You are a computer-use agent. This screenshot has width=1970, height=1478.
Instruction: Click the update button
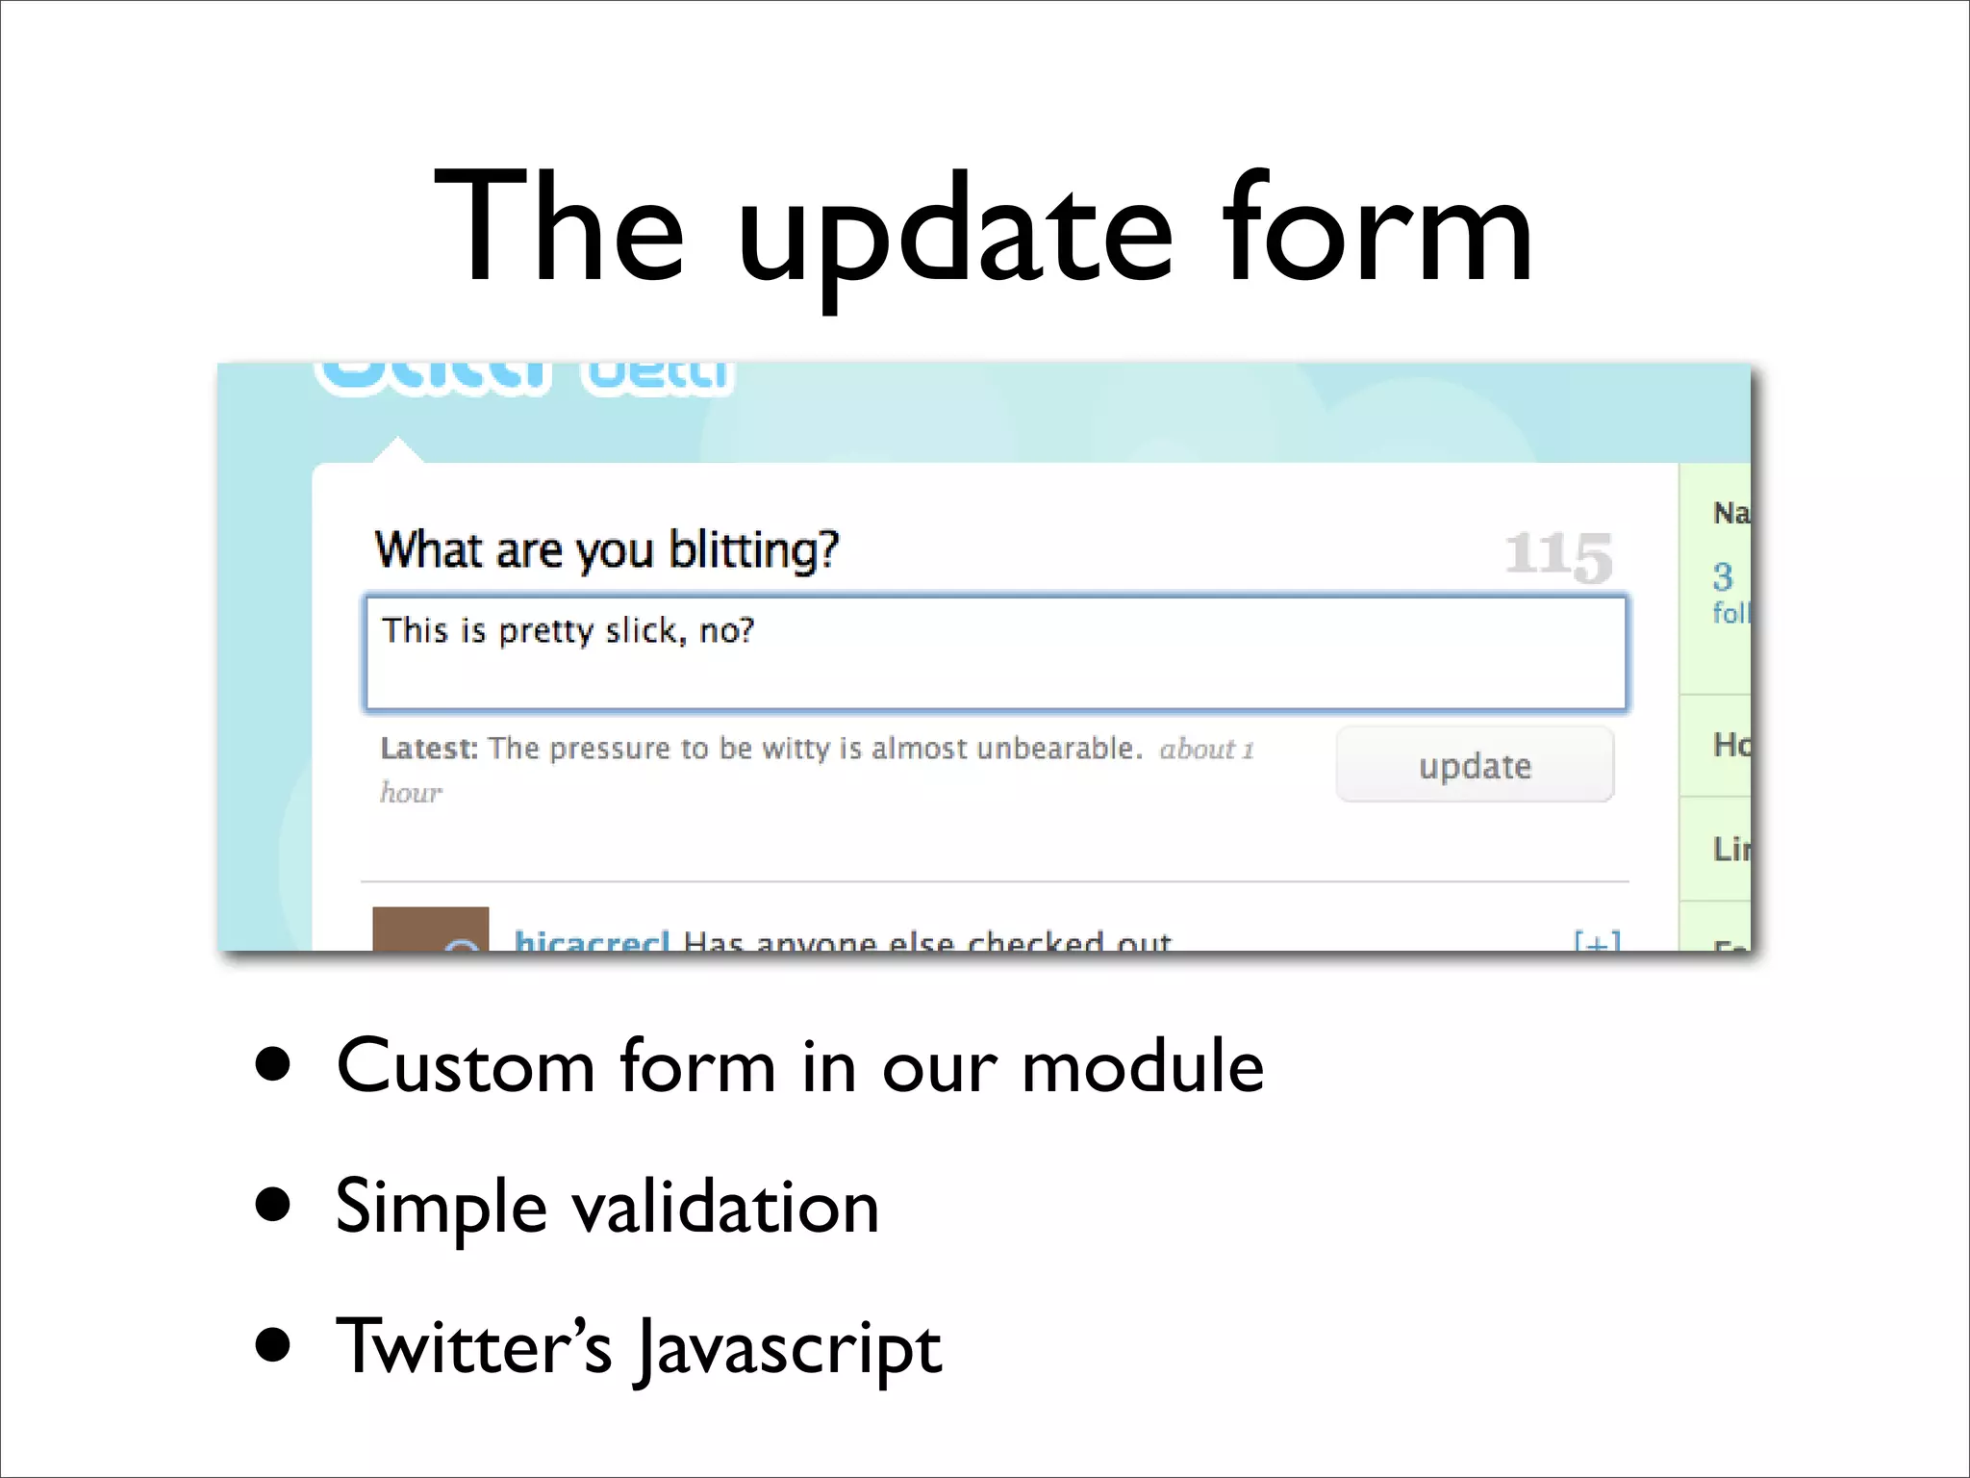tap(1475, 765)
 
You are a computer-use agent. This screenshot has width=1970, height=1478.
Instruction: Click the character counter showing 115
tap(1558, 555)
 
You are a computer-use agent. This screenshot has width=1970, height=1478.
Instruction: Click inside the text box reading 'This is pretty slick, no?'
tap(996, 654)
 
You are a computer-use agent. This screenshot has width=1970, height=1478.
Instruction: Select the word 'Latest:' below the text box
tap(429, 748)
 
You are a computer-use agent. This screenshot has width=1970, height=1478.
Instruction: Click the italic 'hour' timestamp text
tap(411, 792)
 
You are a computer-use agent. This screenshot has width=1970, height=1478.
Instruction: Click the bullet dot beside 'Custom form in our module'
tap(274, 1064)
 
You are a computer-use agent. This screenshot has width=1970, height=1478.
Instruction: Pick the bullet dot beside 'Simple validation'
tap(274, 1204)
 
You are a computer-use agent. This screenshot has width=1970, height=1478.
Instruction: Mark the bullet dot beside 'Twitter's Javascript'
tap(274, 1345)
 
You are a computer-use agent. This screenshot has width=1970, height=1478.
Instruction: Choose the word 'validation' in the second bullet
tap(726, 1207)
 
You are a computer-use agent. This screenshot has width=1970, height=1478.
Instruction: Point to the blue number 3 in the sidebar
tap(1722, 576)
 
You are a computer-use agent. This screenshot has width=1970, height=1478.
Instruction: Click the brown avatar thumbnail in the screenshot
tap(430, 929)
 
